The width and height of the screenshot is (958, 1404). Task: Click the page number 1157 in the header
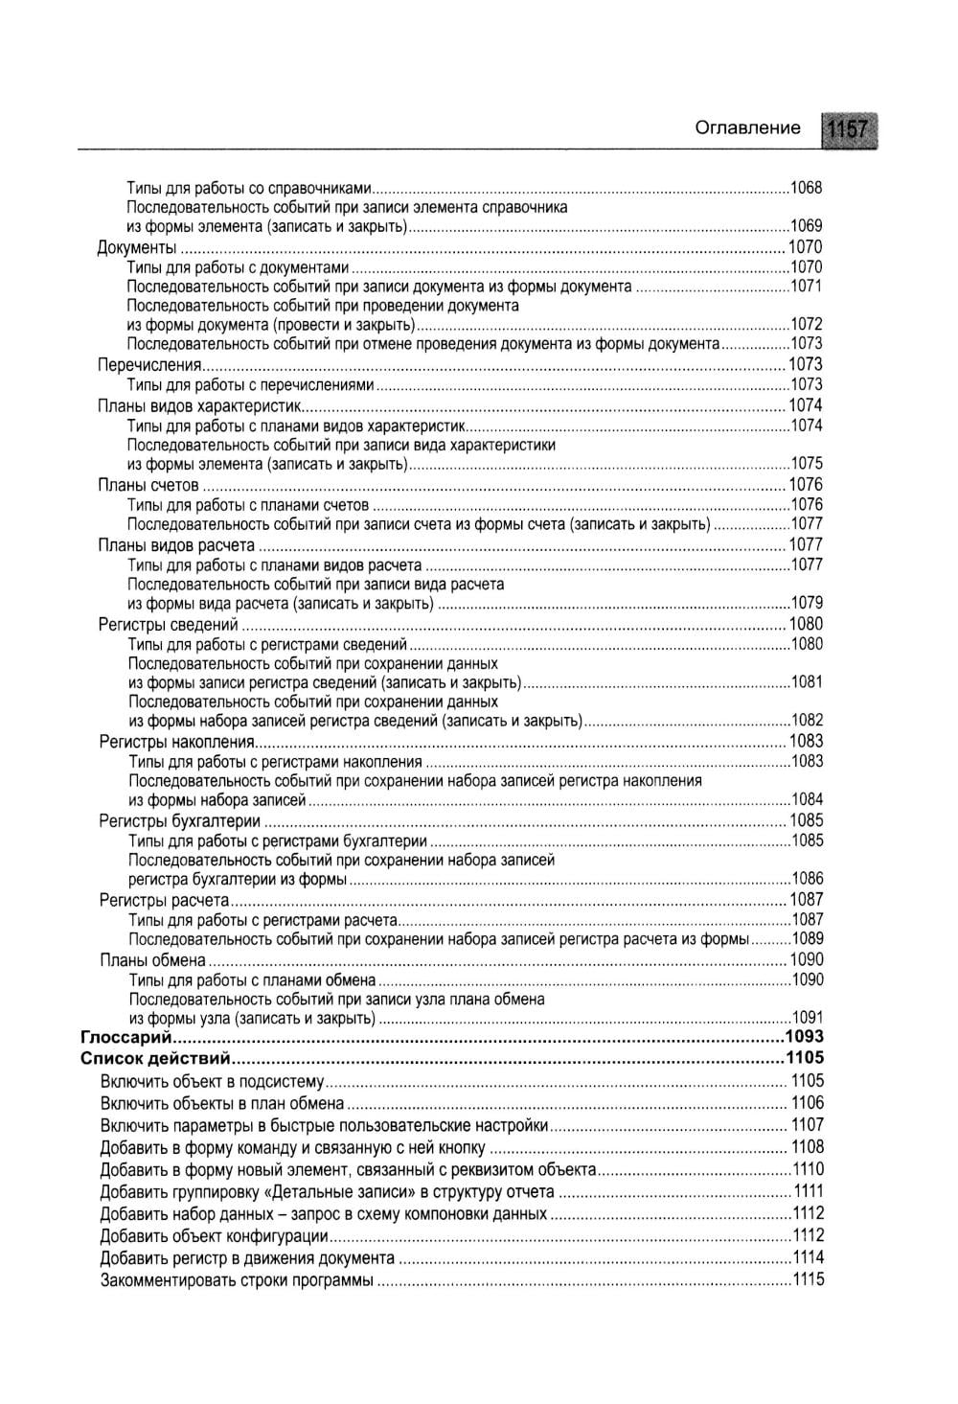849,129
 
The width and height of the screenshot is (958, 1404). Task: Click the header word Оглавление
746,127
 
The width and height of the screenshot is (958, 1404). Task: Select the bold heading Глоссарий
125,1037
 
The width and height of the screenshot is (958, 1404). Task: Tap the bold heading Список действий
155,1059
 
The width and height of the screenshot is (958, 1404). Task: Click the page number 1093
804,1037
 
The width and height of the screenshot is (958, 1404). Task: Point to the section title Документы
137,247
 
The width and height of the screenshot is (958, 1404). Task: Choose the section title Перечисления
149,365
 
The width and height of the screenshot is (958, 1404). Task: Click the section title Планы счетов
148,485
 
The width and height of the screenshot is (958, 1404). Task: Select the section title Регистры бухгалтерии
180,820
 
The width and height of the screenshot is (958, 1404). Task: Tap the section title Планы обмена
153,959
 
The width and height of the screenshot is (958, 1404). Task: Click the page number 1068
806,188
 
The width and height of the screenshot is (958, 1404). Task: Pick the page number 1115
808,1280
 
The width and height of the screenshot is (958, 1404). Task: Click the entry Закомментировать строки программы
237,1281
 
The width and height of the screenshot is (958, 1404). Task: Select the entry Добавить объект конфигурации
215,1236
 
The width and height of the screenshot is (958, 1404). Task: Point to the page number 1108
807,1147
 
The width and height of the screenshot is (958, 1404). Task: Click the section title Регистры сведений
168,625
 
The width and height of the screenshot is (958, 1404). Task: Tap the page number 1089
808,939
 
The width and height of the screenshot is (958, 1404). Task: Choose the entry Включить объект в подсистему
213,1082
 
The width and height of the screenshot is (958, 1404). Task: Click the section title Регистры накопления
177,742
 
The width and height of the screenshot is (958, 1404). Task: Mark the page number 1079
807,604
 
